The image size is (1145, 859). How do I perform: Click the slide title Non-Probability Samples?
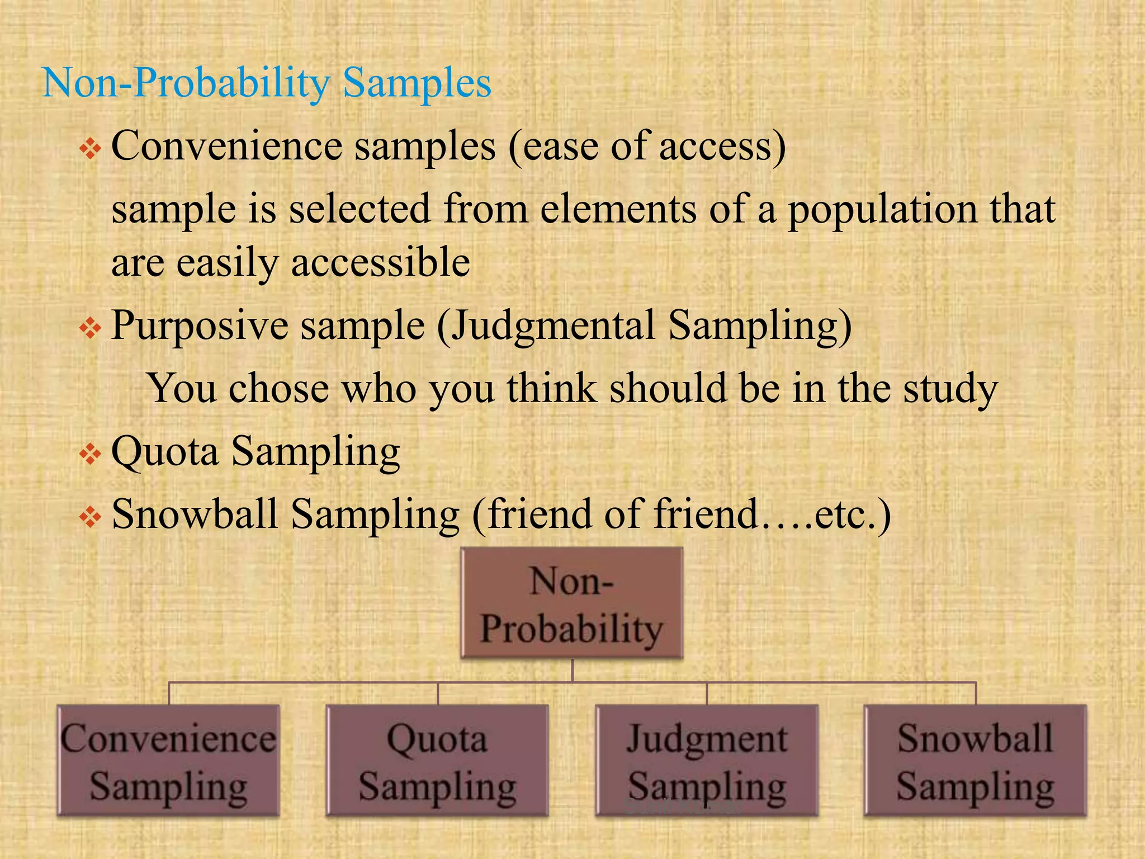[267, 83]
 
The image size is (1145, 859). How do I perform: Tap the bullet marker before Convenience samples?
[89, 149]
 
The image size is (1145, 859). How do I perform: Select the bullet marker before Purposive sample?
[89, 328]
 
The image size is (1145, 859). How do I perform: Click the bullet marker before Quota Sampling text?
[89, 454]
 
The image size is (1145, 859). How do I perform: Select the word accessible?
[380, 262]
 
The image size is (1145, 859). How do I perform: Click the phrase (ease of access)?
[647, 147]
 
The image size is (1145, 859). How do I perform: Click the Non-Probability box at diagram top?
[571, 603]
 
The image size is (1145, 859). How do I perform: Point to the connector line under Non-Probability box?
[572, 671]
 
